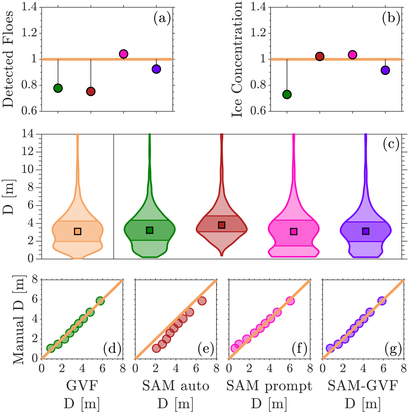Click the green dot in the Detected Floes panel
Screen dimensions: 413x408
(x=58, y=88)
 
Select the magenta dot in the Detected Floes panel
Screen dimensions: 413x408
(x=123, y=54)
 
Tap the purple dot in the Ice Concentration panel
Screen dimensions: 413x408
(x=385, y=70)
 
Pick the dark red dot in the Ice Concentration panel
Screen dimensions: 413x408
(x=320, y=56)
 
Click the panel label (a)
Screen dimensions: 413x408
(x=162, y=19)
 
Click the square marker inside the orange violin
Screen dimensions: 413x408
(x=78, y=231)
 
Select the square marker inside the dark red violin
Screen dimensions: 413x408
(x=222, y=225)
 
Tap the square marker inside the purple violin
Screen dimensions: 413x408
(x=366, y=231)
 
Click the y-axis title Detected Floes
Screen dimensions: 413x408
(x=8, y=59)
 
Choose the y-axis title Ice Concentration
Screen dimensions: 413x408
(x=237, y=59)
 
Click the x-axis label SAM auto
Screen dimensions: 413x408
(x=175, y=386)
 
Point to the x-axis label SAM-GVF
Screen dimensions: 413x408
(x=363, y=386)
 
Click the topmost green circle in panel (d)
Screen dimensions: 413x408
(x=100, y=301)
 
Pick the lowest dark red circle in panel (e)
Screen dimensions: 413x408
(x=156, y=348)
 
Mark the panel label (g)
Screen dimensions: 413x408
(x=393, y=349)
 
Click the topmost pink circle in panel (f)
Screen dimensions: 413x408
(x=290, y=301)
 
